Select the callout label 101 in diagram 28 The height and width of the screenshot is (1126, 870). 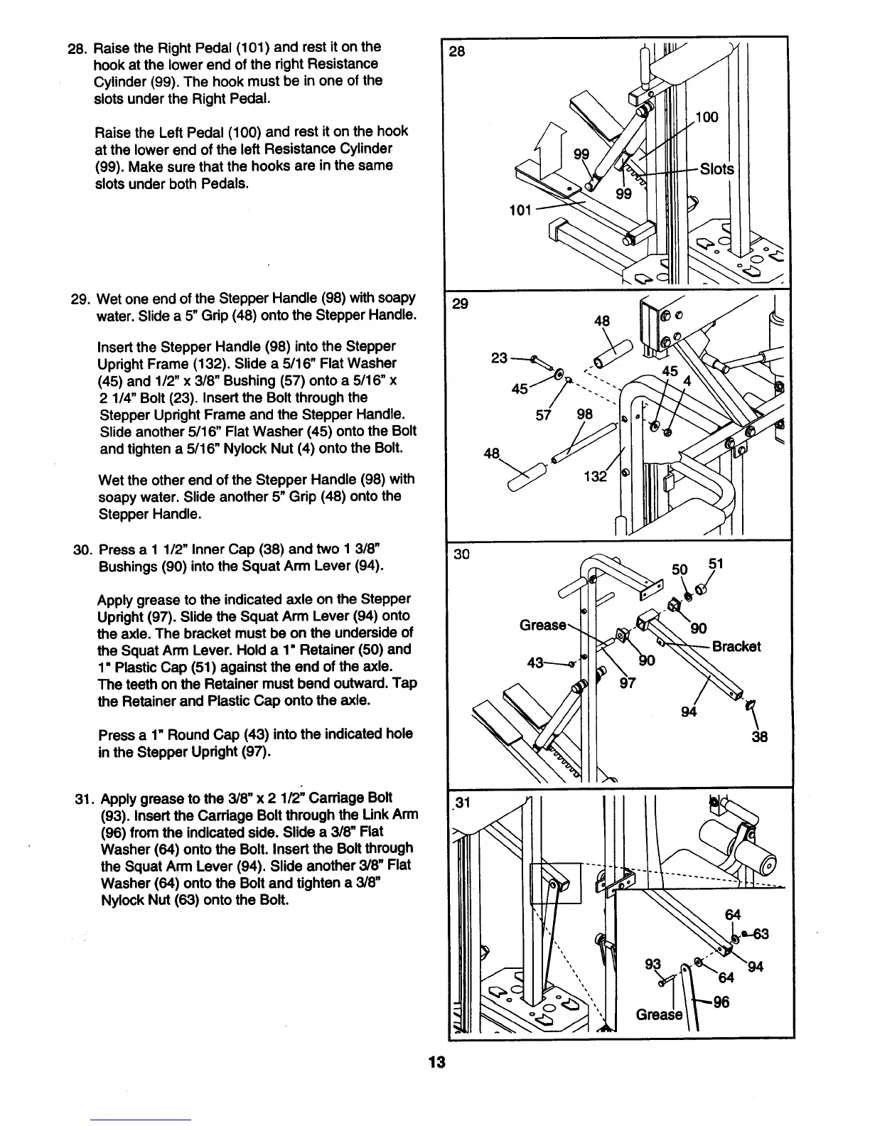point(521,210)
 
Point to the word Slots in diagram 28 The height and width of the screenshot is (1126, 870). point(716,170)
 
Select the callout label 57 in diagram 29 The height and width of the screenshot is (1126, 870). point(543,414)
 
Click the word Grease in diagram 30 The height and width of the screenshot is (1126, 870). point(543,626)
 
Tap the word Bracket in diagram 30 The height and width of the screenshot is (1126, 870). point(736,646)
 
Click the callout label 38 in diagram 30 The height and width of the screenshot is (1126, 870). point(759,736)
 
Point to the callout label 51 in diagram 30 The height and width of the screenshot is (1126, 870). point(716,564)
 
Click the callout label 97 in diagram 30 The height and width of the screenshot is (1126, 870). point(628,683)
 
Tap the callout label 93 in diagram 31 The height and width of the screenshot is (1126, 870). point(652,965)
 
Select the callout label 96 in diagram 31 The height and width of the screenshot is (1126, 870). point(721,1002)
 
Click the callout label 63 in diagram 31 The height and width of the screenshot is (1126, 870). point(761,933)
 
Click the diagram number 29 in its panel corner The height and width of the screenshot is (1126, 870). point(461,304)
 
